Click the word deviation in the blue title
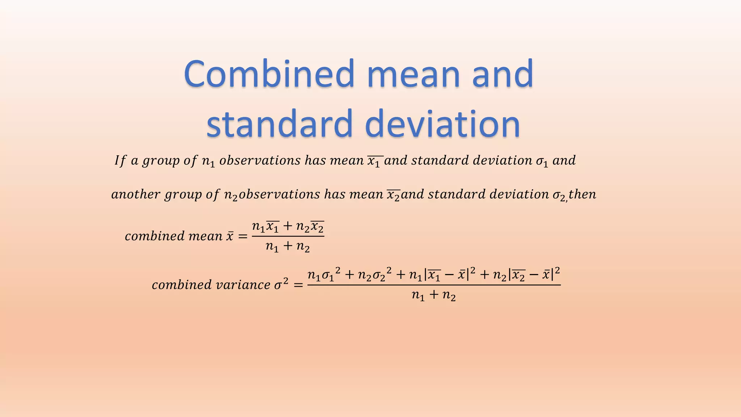click(443, 124)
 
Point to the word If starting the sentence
click(120, 160)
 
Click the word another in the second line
click(136, 195)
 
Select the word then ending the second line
click(583, 195)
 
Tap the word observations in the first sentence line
click(260, 160)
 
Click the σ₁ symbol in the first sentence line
click(542, 161)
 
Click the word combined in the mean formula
click(154, 236)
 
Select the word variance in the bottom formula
click(243, 285)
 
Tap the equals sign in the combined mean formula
click(242, 237)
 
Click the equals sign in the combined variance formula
click(298, 285)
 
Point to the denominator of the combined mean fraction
click(288, 247)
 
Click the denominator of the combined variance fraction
click(433, 296)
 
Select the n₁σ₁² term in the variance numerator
click(324, 275)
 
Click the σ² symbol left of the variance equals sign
click(281, 284)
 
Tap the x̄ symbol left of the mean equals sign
click(230, 237)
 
